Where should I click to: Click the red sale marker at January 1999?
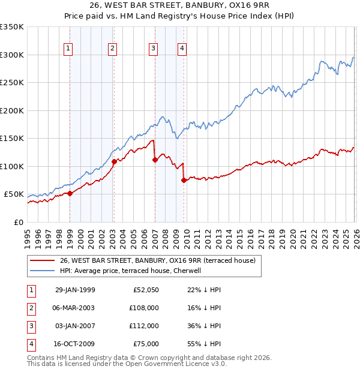pos(70,193)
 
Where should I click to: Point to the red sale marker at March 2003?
pos(114,162)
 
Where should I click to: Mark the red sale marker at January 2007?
pos(155,160)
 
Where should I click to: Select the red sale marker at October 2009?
pos(184,180)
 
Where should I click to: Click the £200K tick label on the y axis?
pos(11,110)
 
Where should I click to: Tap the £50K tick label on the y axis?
pos(14,194)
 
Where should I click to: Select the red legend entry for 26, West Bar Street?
pos(158,260)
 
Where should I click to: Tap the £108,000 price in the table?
pos(145,308)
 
